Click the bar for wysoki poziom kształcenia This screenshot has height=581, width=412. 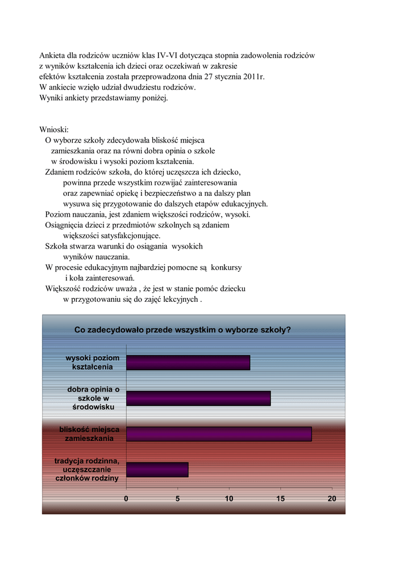tap(188, 363)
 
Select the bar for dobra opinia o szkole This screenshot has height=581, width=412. tap(198, 398)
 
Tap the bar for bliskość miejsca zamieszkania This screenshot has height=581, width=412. tap(219, 434)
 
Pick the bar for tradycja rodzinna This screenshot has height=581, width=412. tap(157, 470)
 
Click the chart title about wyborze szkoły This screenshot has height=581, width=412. tap(182, 330)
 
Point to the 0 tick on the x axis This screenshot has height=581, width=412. tap(126, 499)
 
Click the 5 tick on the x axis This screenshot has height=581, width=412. tap(178, 499)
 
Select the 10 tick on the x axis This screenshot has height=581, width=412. tap(229, 499)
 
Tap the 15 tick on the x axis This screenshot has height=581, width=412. tap(281, 499)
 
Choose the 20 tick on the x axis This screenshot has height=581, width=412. tap(332, 499)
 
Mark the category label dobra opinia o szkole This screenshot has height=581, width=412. tap(93, 398)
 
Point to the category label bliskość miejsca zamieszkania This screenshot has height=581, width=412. tap(89, 434)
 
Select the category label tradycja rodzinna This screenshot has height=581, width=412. tap(87, 470)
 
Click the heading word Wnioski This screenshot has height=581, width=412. tap(54, 130)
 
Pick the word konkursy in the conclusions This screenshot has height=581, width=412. tap(228, 267)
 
